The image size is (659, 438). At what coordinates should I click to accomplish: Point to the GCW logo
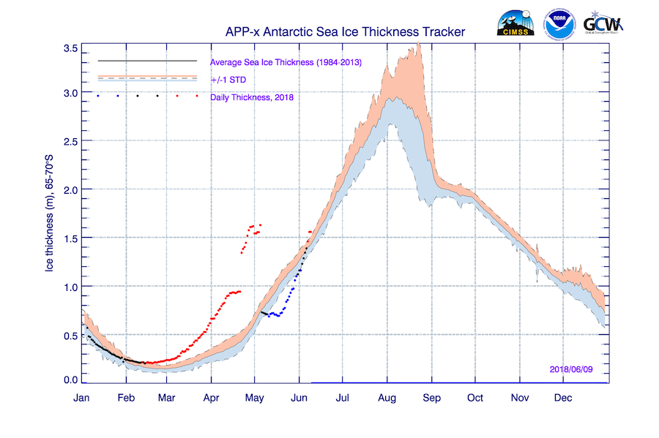point(603,23)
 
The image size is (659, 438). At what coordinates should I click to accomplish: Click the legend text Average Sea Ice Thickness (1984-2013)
point(286,62)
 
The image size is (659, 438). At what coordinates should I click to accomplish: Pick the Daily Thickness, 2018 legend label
point(251,97)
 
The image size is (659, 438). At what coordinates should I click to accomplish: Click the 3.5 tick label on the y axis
point(71,48)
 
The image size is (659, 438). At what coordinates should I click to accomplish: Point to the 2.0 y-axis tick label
point(71,189)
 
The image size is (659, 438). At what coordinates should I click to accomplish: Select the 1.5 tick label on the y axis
point(71,238)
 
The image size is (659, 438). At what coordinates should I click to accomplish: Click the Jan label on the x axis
point(82,398)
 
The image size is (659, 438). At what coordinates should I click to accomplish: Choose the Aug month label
point(387,398)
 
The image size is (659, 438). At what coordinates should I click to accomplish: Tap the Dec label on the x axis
point(563,398)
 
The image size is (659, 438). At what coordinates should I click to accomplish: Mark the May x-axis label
point(255,398)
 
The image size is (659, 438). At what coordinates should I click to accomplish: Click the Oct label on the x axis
point(475,398)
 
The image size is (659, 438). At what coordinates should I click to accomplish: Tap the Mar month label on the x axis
point(166,398)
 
